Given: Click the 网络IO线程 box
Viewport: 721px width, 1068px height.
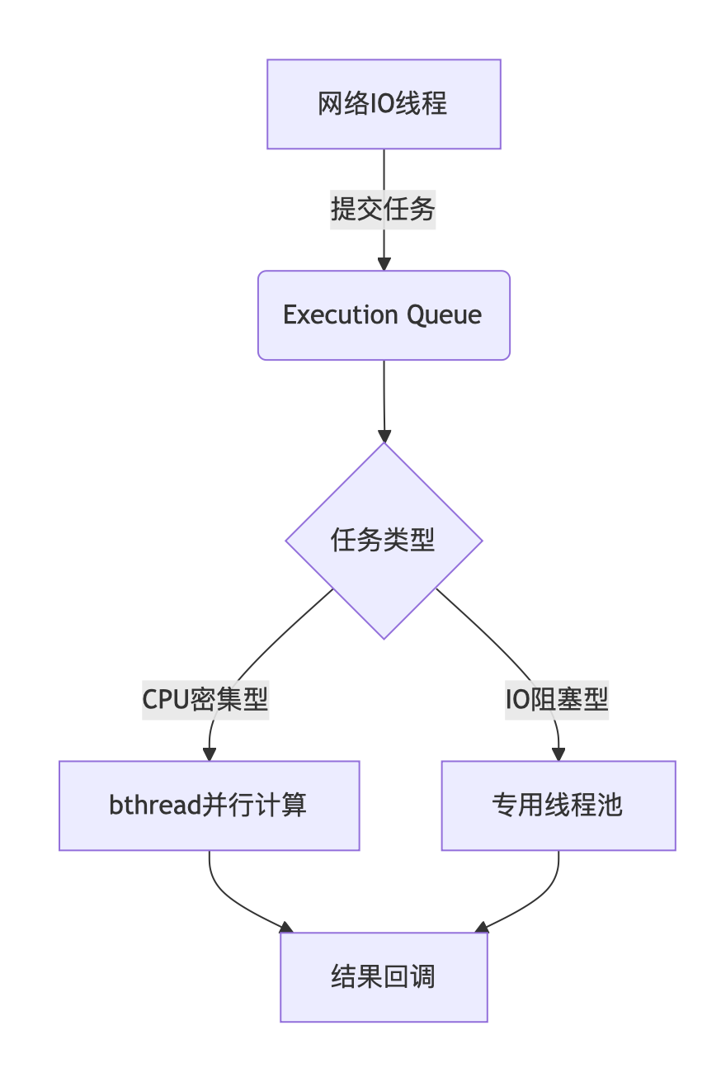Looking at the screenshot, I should (x=384, y=104).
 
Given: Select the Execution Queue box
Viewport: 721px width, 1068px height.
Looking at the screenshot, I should (x=384, y=315).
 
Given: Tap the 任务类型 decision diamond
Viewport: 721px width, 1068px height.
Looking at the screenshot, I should (x=384, y=541).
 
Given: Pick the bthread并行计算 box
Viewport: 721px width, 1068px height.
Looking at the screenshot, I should (x=209, y=806).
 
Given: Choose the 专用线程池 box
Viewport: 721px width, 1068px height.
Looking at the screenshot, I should (x=558, y=806).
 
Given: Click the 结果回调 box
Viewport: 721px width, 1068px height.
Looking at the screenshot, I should (x=384, y=977).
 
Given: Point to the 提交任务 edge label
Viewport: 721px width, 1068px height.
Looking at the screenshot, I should (x=383, y=210).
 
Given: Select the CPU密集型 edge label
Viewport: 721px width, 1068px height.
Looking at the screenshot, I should (x=205, y=700).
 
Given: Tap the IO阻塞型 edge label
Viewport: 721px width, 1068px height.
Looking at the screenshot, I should (x=557, y=700).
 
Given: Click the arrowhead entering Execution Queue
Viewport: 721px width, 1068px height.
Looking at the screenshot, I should (x=384, y=264).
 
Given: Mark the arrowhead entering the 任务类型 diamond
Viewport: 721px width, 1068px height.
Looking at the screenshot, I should (x=384, y=436).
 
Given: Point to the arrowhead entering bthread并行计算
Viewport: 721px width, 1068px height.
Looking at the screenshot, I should (x=210, y=754).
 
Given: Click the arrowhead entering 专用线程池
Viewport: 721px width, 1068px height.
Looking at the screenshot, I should (x=558, y=754).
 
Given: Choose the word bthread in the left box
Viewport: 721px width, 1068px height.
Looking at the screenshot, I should (x=156, y=806).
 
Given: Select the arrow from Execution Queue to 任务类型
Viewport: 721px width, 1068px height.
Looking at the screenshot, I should (x=384, y=396).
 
